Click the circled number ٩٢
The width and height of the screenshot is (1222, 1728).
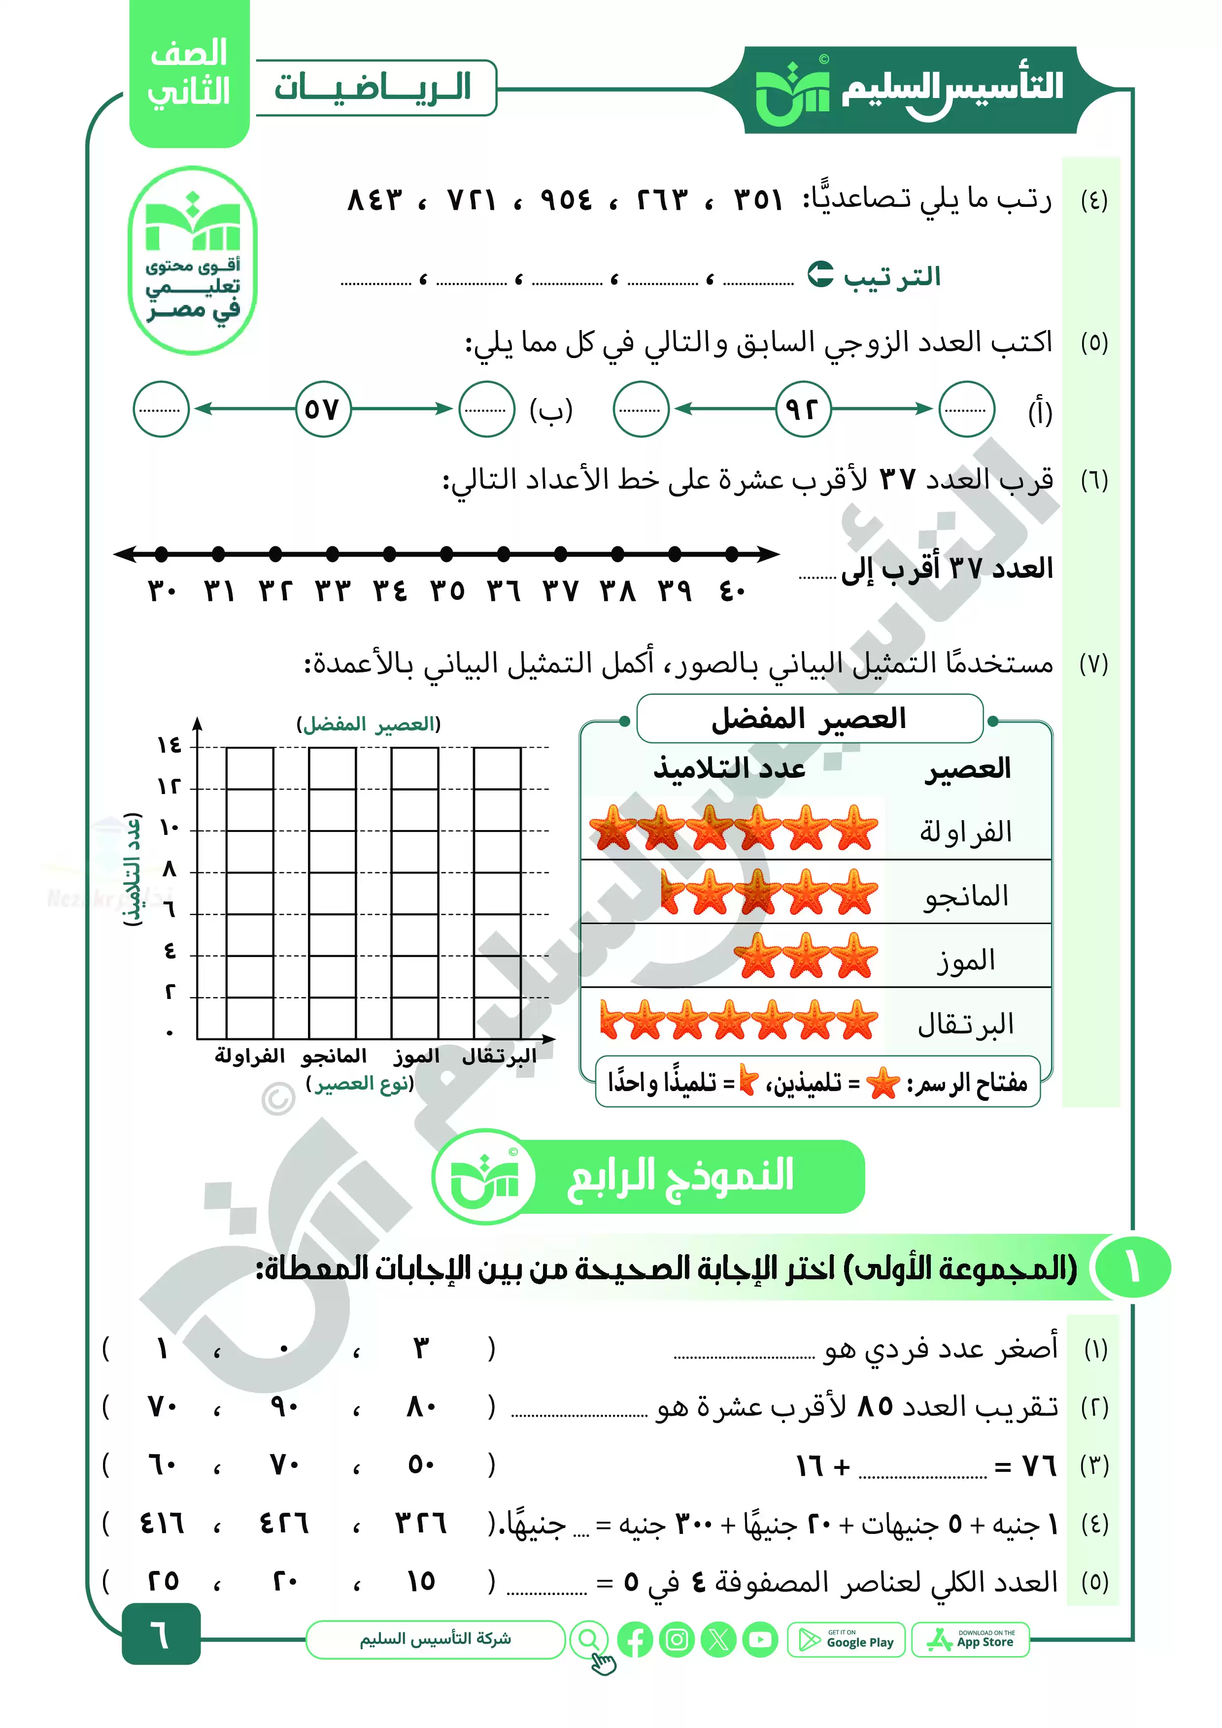pos(803,409)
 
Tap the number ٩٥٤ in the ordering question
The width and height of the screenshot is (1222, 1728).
pos(566,200)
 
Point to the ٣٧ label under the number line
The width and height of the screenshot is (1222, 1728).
pos(561,591)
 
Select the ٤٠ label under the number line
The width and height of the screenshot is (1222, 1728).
pos(732,591)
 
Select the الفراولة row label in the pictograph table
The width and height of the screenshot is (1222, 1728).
pos(965,831)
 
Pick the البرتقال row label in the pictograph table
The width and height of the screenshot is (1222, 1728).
pos(965,1024)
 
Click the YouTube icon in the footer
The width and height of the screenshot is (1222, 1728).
pos(760,1639)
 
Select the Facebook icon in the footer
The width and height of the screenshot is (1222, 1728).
pos(636,1639)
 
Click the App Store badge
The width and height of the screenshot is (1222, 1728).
pos(971,1639)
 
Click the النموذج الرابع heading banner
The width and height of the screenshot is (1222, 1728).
pos(680,1176)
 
